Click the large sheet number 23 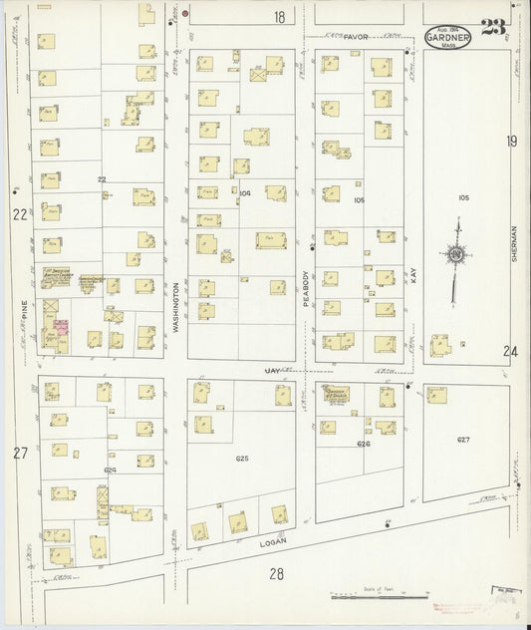pos(491,27)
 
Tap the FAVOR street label pos(356,37)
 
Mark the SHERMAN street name pos(513,240)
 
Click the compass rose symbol pos(455,257)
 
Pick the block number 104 pos(246,192)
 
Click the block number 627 pos(463,440)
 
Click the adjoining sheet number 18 pos(280,17)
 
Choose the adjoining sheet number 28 pos(276,573)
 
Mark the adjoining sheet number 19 pos(511,142)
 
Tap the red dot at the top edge pos(185,13)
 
